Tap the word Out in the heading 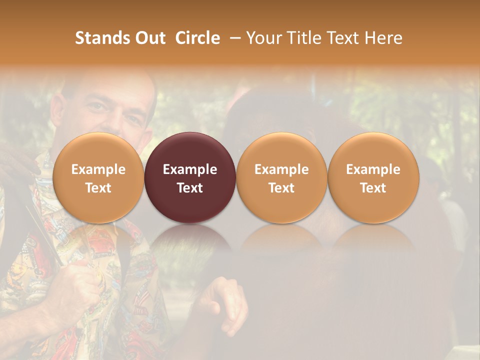[148, 38]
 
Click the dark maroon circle [190, 177]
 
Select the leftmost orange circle [98, 177]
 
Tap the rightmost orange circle [373, 177]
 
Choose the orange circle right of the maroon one [281, 177]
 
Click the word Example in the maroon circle [190, 169]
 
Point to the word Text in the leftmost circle [98, 188]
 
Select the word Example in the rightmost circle [373, 169]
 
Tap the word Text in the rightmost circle [373, 188]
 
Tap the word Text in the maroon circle [190, 188]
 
